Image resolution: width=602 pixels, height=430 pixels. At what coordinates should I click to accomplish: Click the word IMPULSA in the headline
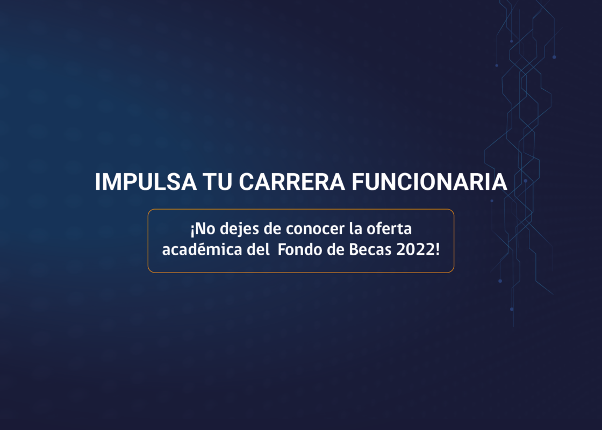tap(146, 182)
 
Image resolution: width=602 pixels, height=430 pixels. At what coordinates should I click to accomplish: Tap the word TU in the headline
tap(217, 182)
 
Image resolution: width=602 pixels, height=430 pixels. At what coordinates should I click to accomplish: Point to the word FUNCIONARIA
tap(429, 182)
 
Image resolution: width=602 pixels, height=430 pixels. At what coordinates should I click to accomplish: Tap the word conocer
tap(315, 230)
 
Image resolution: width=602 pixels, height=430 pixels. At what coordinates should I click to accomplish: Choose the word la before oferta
tap(355, 229)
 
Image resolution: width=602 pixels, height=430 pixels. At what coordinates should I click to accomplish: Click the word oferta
tap(389, 229)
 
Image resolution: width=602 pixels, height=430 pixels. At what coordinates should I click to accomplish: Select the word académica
tap(202, 249)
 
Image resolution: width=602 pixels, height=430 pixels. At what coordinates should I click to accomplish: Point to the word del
tap(259, 249)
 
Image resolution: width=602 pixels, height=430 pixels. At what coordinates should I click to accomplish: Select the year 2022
tap(416, 249)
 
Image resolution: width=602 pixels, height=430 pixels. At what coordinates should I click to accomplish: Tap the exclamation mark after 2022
tap(438, 249)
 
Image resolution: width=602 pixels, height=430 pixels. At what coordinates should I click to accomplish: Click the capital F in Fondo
tap(282, 249)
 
